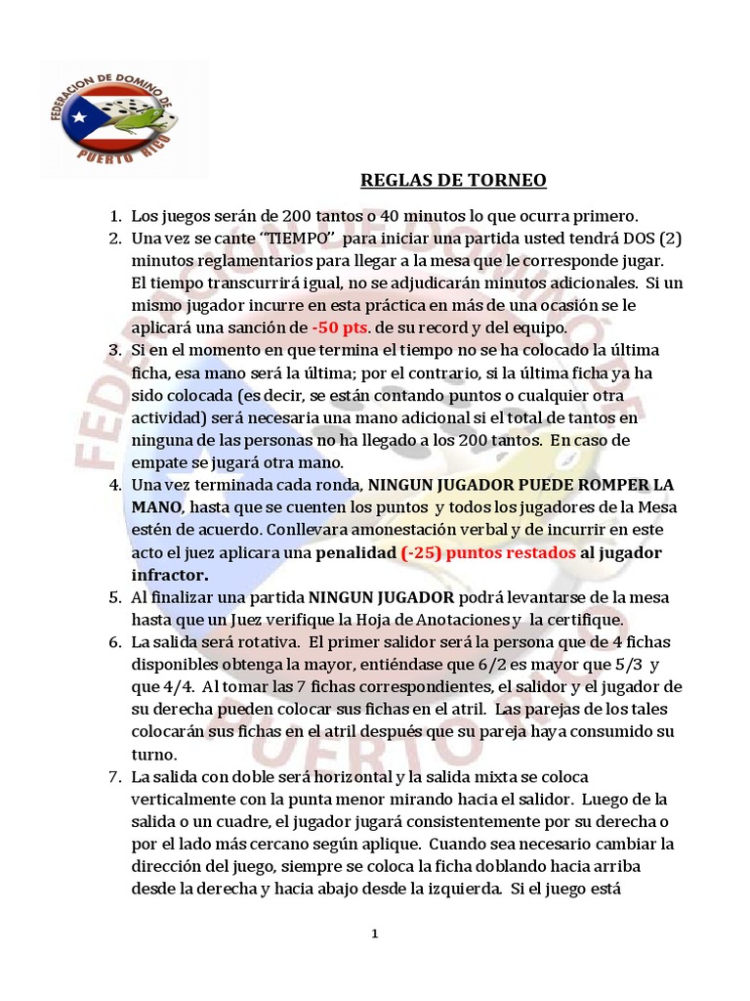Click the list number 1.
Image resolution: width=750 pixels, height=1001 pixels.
[x=113, y=214]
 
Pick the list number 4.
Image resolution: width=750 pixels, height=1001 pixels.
[x=113, y=484]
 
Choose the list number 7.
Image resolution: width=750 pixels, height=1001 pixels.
[x=113, y=776]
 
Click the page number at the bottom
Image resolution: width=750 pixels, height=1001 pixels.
[x=374, y=935]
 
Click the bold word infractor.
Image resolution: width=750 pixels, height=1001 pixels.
[x=170, y=575]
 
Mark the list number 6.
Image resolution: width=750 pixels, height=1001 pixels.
[x=113, y=641]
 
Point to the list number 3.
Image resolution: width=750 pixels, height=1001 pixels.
[x=113, y=350]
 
